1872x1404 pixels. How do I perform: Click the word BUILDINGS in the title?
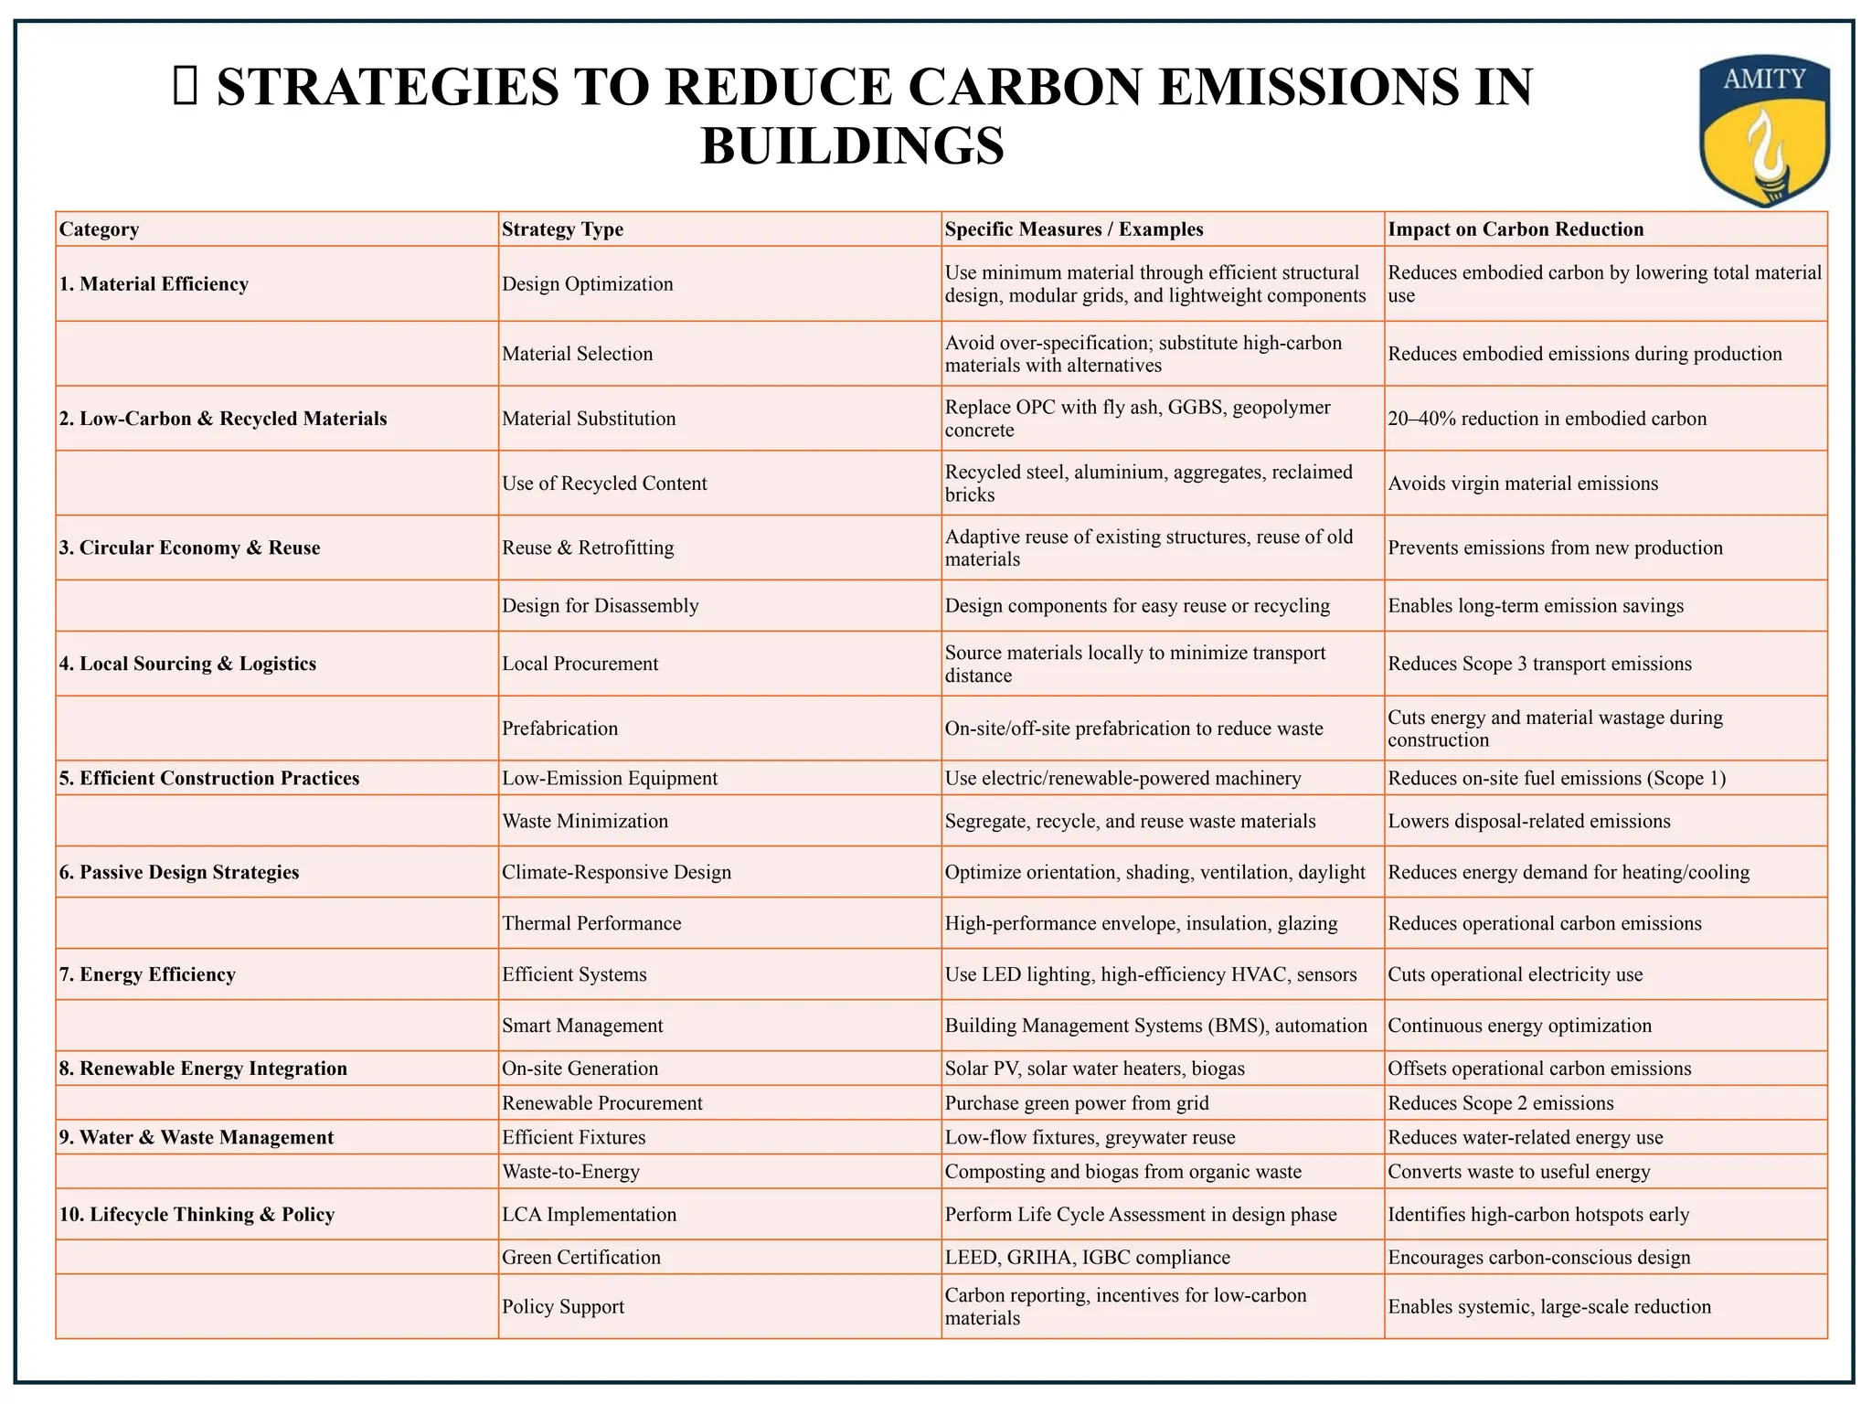[852, 146]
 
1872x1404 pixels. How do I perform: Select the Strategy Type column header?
[562, 229]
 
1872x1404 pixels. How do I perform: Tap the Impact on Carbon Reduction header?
[1516, 229]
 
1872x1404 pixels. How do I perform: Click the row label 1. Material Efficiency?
[154, 284]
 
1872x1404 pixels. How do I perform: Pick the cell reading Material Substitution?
[589, 419]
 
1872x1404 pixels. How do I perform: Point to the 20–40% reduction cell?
[1547, 419]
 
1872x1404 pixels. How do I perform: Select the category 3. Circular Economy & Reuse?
[189, 548]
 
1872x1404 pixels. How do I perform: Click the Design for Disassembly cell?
[600, 606]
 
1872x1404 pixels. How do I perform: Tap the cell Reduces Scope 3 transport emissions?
[1539, 664]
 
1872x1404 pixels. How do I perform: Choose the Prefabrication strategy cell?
[559, 729]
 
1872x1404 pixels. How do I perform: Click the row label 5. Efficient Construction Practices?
[209, 778]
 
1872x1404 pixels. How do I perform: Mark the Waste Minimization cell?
[585, 821]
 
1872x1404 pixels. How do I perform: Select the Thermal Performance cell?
[591, 923]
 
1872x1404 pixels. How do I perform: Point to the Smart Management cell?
[582, 1026]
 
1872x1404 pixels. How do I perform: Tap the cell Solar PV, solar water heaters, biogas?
[1094, 1069]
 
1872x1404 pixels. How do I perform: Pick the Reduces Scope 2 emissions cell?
[1500, 1103]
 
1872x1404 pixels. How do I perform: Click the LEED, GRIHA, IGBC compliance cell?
[1087, 1258]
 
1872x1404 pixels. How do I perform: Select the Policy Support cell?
[562, 1307]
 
